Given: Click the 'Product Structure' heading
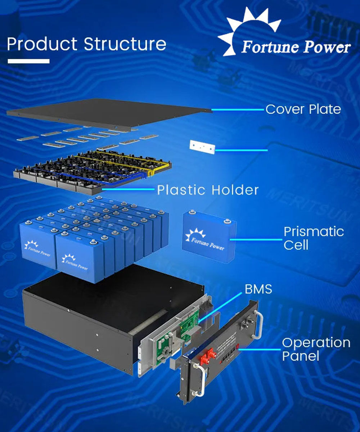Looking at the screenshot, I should tap(86, 44).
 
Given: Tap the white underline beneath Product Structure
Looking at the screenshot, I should tap(28, 61).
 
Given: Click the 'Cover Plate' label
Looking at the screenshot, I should tap(303, 109).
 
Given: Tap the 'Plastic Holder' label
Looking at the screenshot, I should tap(208, 190).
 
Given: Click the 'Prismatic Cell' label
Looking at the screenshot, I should tap(313, 238).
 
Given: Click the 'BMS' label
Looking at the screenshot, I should tap(258, 289).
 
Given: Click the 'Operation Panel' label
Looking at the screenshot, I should tap(316, 349).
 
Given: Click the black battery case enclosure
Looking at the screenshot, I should tap(79, 324).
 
